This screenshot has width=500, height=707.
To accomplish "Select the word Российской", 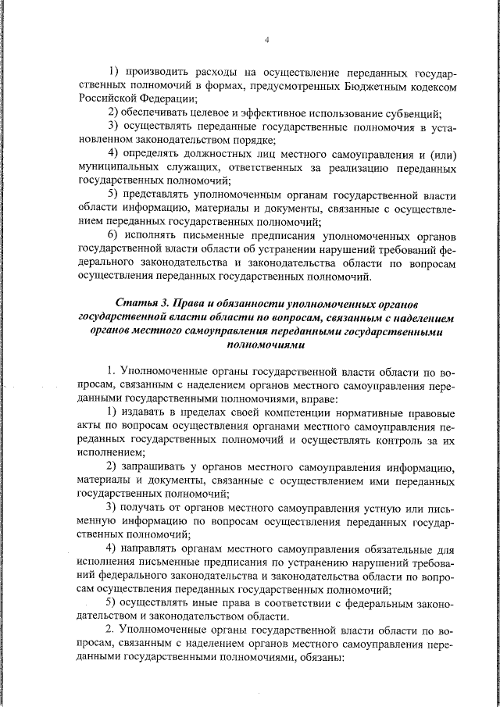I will [108, 98].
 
